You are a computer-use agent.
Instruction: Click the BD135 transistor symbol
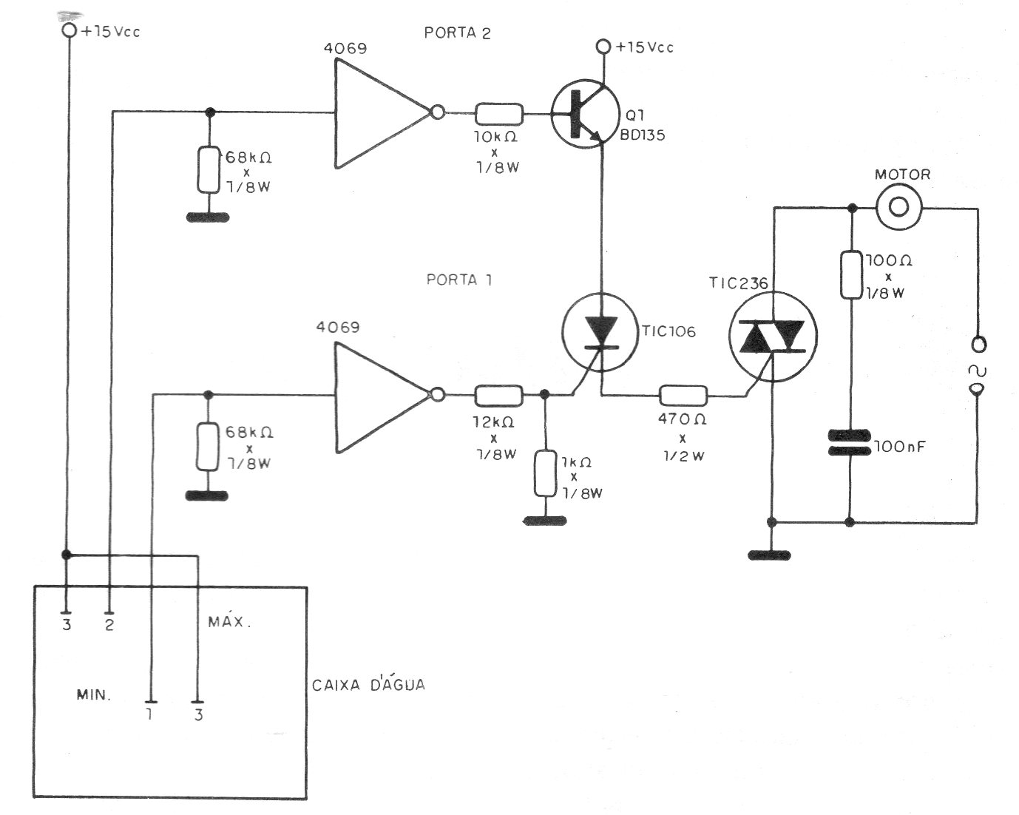585,114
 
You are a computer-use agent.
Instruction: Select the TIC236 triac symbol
773,337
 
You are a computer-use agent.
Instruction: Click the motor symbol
898,206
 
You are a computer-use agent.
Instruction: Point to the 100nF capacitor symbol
850,442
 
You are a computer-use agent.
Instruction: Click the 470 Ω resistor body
683,396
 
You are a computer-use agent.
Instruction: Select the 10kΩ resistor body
499,114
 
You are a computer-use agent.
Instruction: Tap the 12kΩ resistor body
499,396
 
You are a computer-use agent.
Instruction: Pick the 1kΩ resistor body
546,473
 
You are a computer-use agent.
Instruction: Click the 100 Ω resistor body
851,275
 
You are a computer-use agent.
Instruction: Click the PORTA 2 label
457,33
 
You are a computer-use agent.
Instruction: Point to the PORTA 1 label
458,280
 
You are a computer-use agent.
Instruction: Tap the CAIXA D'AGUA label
368,683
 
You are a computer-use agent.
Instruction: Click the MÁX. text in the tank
229,620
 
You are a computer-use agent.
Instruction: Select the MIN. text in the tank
93,694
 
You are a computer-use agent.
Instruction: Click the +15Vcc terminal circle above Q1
603,47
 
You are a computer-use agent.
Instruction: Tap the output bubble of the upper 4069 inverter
438,112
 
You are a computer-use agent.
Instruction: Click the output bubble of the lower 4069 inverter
438,394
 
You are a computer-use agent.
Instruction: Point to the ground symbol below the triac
770,555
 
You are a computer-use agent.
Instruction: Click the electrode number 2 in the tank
109,625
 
